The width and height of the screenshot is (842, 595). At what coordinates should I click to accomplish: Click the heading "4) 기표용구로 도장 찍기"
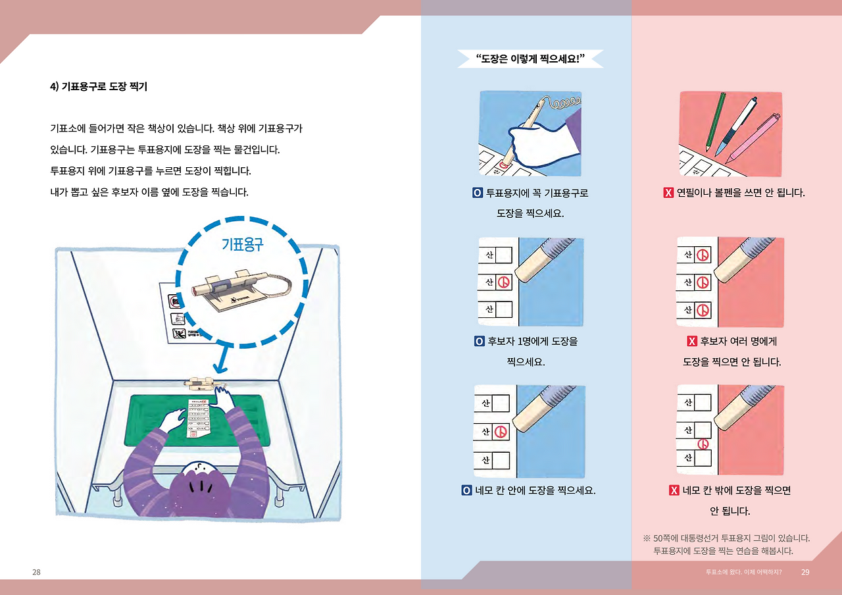[x=99, y=86]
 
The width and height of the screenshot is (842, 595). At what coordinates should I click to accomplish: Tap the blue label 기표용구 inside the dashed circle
[x=243, y=244]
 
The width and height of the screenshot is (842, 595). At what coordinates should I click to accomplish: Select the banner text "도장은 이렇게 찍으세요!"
[x=530, y=59]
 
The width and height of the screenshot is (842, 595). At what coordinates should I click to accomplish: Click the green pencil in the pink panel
[x=715, y=121]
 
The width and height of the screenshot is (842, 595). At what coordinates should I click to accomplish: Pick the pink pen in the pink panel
[x=753, y=138]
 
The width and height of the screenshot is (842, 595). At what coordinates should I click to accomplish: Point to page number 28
[x=36, y=572]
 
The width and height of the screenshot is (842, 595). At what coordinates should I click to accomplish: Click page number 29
[x=805, y=572]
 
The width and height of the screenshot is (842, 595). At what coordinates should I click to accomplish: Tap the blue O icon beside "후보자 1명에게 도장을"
[x=479, y=342]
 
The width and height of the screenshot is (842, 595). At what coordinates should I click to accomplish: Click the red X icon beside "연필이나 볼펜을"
[x=668, y=193]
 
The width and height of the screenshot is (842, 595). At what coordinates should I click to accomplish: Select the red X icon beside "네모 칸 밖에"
[x=674, y=490]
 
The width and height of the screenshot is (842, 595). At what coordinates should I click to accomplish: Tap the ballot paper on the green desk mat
[x=198, y=418]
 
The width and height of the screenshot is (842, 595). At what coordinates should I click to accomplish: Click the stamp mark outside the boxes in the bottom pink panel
[x=703, y=444]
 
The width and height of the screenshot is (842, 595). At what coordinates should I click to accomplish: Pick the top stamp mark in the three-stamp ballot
[x=703, y=255]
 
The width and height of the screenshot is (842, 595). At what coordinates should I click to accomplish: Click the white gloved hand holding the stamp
[x=541, y=145]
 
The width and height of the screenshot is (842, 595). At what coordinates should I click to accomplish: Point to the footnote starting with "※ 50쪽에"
[x=726, y=544]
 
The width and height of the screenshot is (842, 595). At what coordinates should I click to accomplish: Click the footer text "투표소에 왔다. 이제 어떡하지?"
[x=743, y=572]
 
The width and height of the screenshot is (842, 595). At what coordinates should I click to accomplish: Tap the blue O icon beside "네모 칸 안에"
[x=466, y=490]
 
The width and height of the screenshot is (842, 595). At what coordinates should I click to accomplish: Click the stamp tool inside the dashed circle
[x=241, y=290]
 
